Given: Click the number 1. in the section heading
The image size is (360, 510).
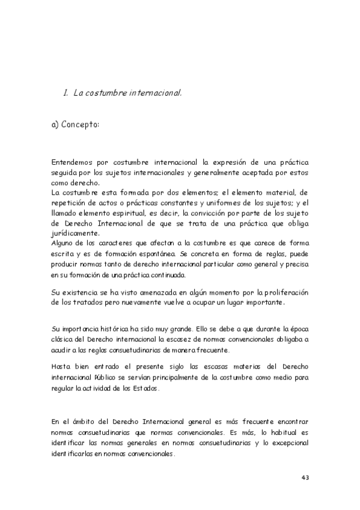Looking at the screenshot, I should click(x=66, y=93).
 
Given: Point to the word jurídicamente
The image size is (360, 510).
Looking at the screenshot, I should click(x=76, y=234).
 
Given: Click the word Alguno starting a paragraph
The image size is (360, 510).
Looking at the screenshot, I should click(x=64, y=244).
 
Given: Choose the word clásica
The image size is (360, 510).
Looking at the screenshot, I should click(x=65, y=340).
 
